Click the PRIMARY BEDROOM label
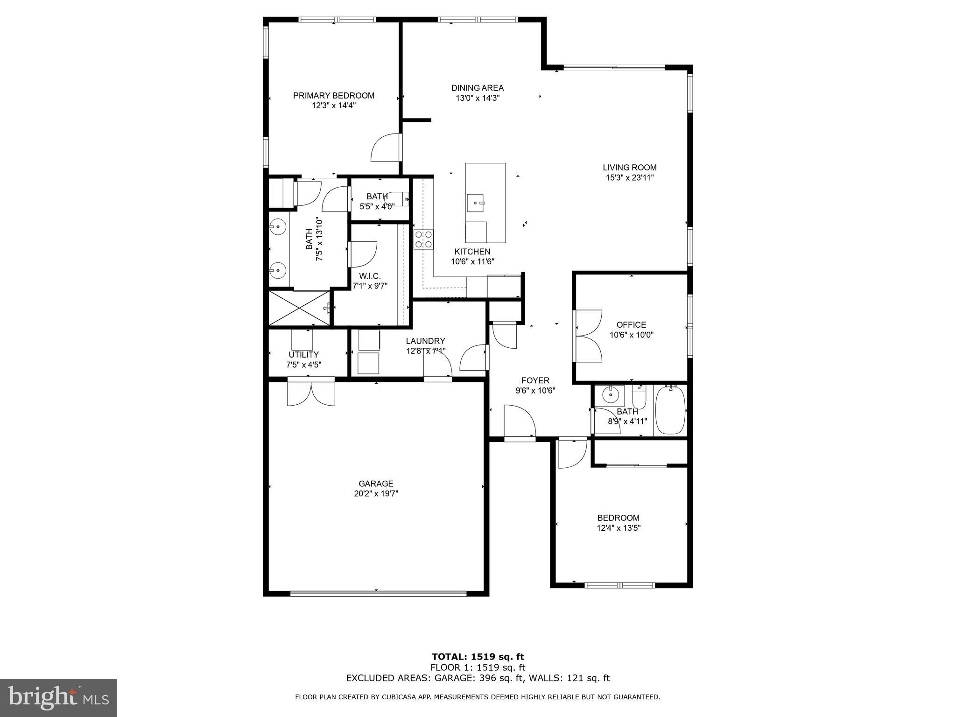pos(333,96)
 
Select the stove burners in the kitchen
pos(423,239)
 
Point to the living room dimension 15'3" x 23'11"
pos(629,177)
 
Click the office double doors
pos(587,336)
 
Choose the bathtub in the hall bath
pos(670,410)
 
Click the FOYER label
pos(535,380)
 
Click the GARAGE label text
pos(376,484)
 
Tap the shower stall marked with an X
pos(299,308)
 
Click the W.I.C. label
pos(370,276)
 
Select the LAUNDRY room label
pos(425,341)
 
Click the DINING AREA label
pos(477,88)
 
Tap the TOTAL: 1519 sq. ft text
pos(478,657)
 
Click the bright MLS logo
pos(58,698)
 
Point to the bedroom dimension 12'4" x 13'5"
pos(618,528)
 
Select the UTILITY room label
pos(303,355)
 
